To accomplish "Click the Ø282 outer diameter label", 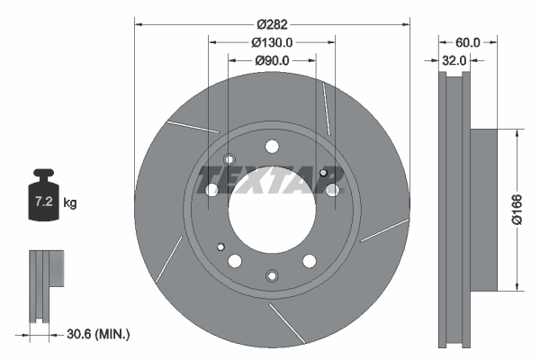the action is coord(272,24).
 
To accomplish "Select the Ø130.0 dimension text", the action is coord(272,42).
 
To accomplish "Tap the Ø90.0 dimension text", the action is coord(272,60).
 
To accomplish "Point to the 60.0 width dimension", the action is coord(467,42).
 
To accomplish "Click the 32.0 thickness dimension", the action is coord(454,60).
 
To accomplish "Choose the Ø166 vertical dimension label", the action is coord(517,210).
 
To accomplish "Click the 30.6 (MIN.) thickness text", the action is coord(98,334).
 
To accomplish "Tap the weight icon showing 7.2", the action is coord(44,194).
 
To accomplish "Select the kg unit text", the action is coord(70,202).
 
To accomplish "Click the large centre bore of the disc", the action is coord(272,209).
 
